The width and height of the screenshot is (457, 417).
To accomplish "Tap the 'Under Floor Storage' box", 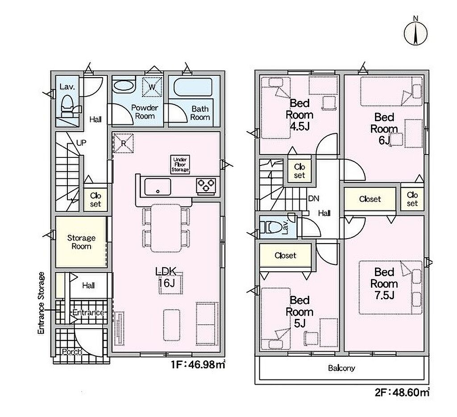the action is pos(180,165).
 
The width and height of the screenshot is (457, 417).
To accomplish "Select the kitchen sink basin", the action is pos(158,187).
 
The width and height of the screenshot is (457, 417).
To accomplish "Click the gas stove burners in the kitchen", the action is pos(206,186).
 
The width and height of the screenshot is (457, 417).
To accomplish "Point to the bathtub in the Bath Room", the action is pos(193,88).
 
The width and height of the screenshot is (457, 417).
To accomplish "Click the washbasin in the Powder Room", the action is pos(124,87).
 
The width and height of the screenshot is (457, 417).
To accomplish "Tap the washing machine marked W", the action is pos(152,87).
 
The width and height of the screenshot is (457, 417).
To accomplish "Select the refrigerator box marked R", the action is pos(124,143).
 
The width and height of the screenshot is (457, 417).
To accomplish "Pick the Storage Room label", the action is pos(81,242).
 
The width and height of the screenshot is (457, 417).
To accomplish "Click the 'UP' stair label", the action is pos(81,143).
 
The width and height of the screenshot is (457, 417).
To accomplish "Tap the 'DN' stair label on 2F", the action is pos(314,198).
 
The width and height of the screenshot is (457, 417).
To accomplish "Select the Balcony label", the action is pos(341,368).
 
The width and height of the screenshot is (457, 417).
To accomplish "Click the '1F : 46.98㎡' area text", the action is pos(198,364).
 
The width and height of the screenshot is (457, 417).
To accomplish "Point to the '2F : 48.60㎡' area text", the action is pos(402,393).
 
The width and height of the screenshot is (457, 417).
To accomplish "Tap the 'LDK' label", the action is pos(166,272).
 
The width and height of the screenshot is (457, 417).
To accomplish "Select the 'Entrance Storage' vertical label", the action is pos(42,303).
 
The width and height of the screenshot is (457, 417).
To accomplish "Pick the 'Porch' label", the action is pos(72,352).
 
